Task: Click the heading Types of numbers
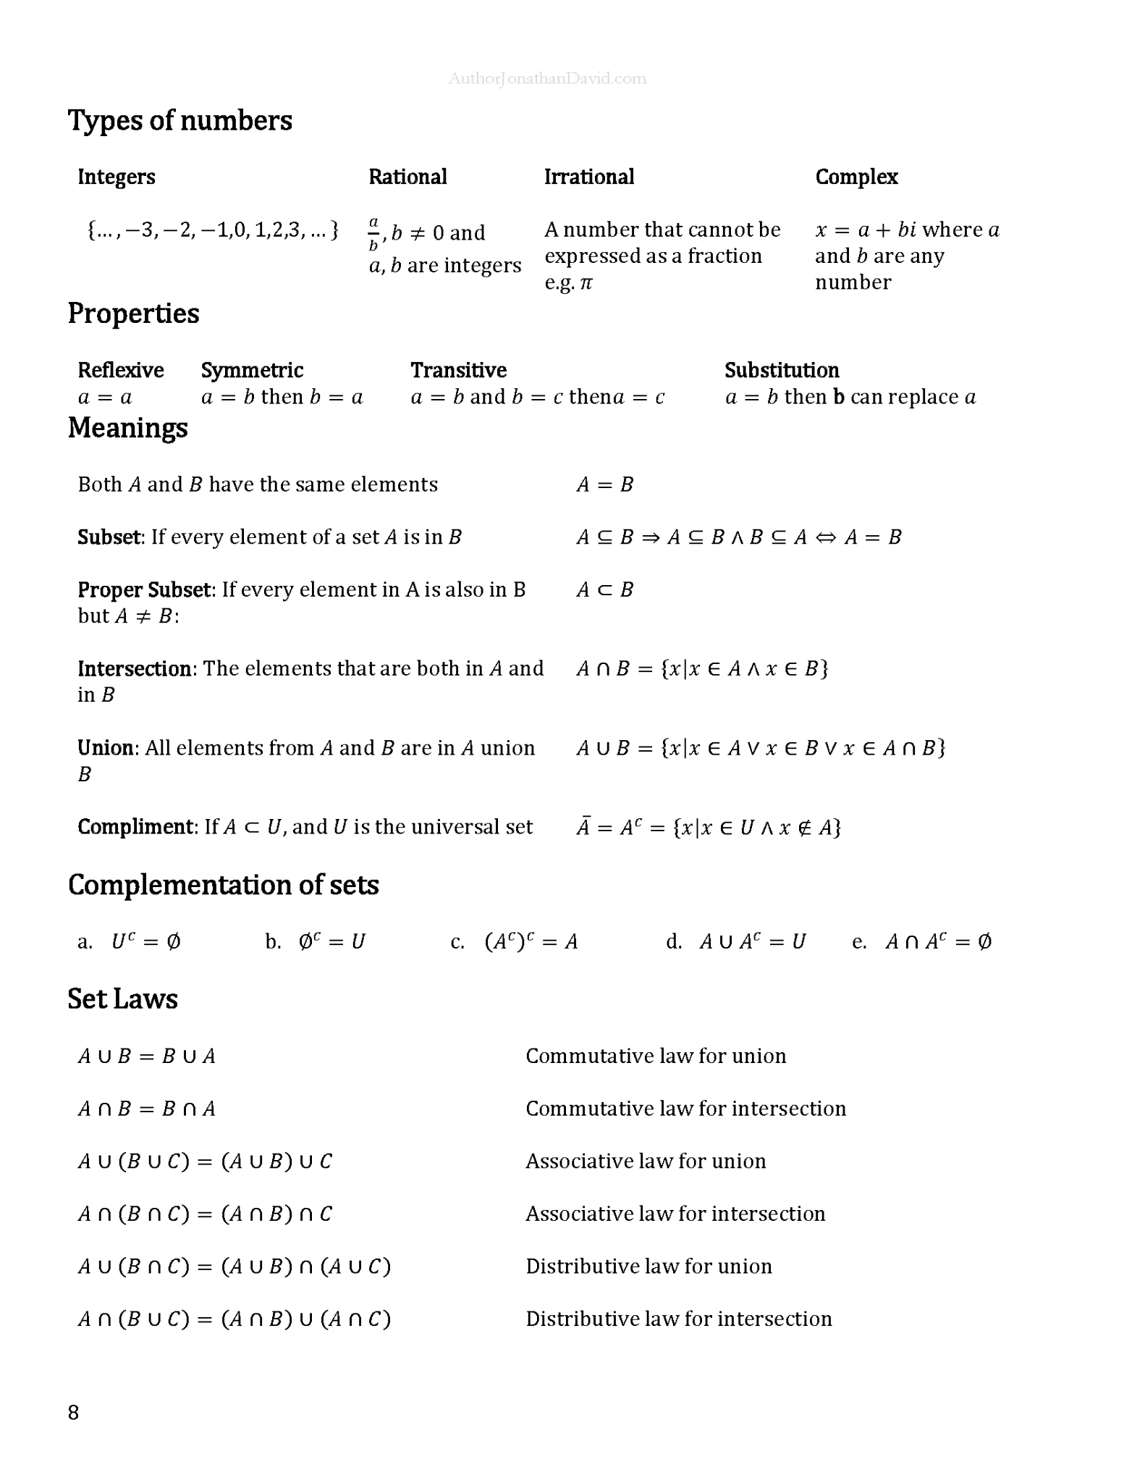[179, 120]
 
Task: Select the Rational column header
[407, 177]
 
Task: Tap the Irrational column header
[588, 177]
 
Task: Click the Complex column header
[856, 177]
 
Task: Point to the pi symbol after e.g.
[586, 282]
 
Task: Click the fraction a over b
[373, 233]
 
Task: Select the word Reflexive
[120, 370]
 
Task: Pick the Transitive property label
[458, 370]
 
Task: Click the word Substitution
[782, 370]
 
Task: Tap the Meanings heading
[127, 427]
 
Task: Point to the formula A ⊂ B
[604, 589]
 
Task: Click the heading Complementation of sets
[223, 885]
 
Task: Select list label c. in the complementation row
[457, 941]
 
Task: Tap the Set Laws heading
[122, 999]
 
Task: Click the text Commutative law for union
[655, 1056]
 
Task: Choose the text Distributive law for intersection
[678, 1319]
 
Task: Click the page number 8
[73, 1412]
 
